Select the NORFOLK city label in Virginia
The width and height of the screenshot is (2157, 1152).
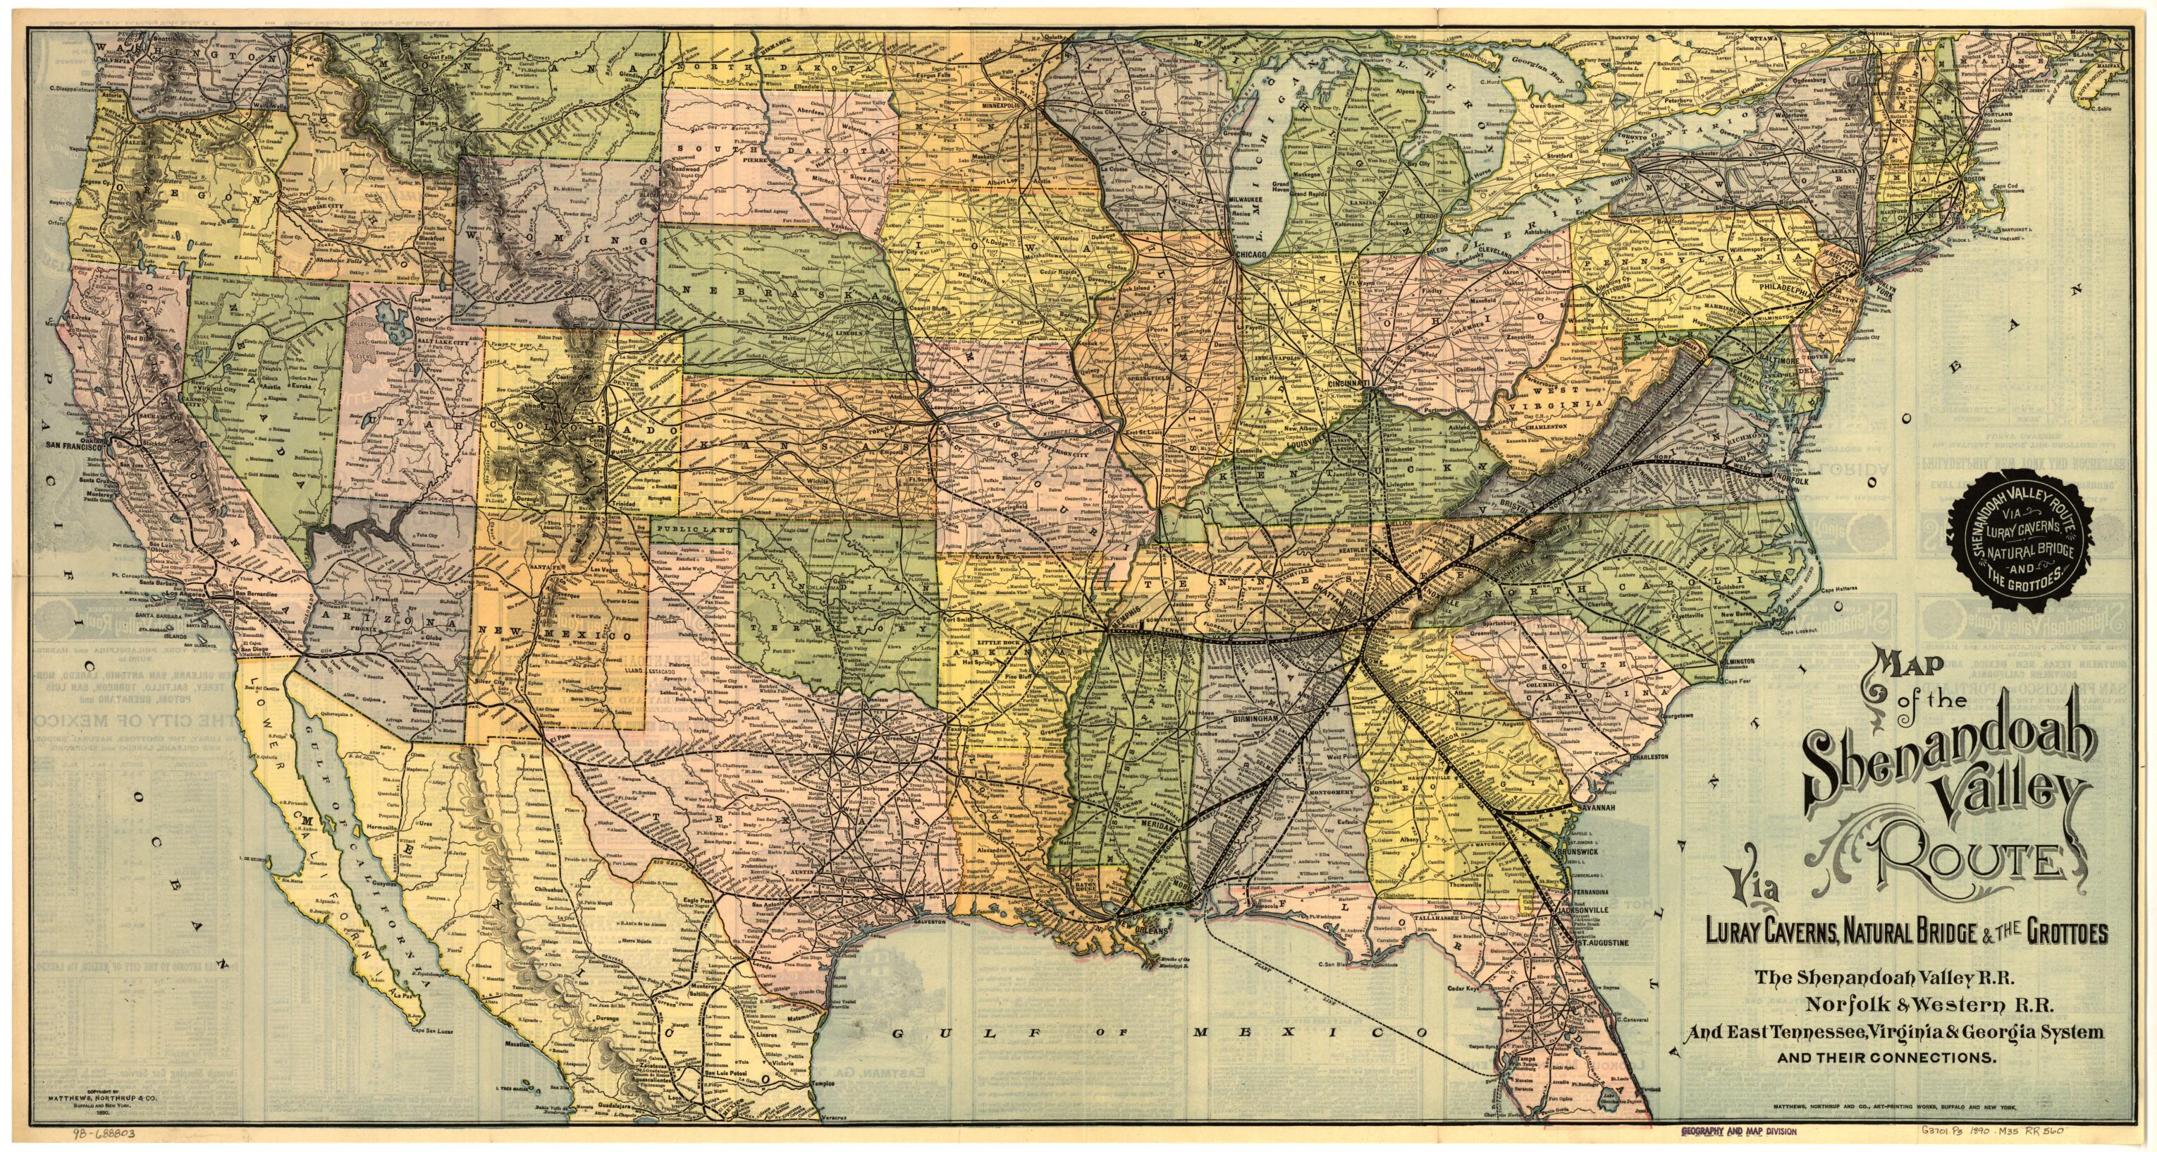(x=1787, y=481)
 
